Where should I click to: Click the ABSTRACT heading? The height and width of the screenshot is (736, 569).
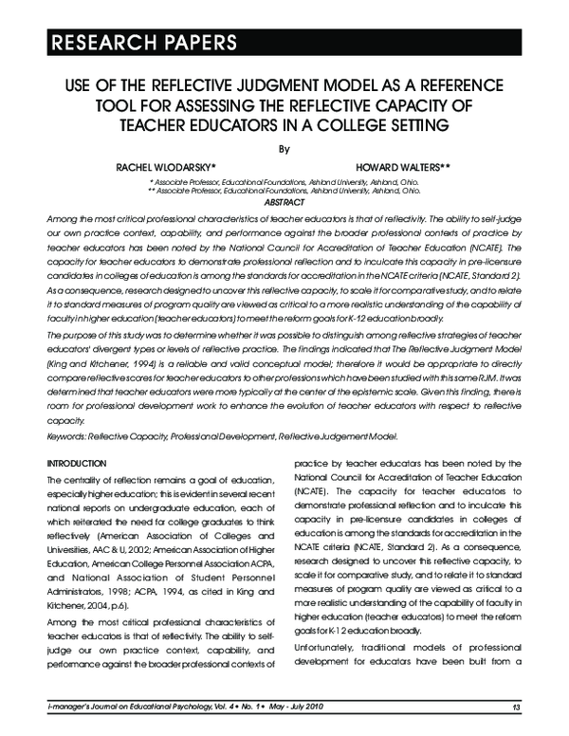(284, 201)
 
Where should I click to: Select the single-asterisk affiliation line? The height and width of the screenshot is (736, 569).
(284, 179)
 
